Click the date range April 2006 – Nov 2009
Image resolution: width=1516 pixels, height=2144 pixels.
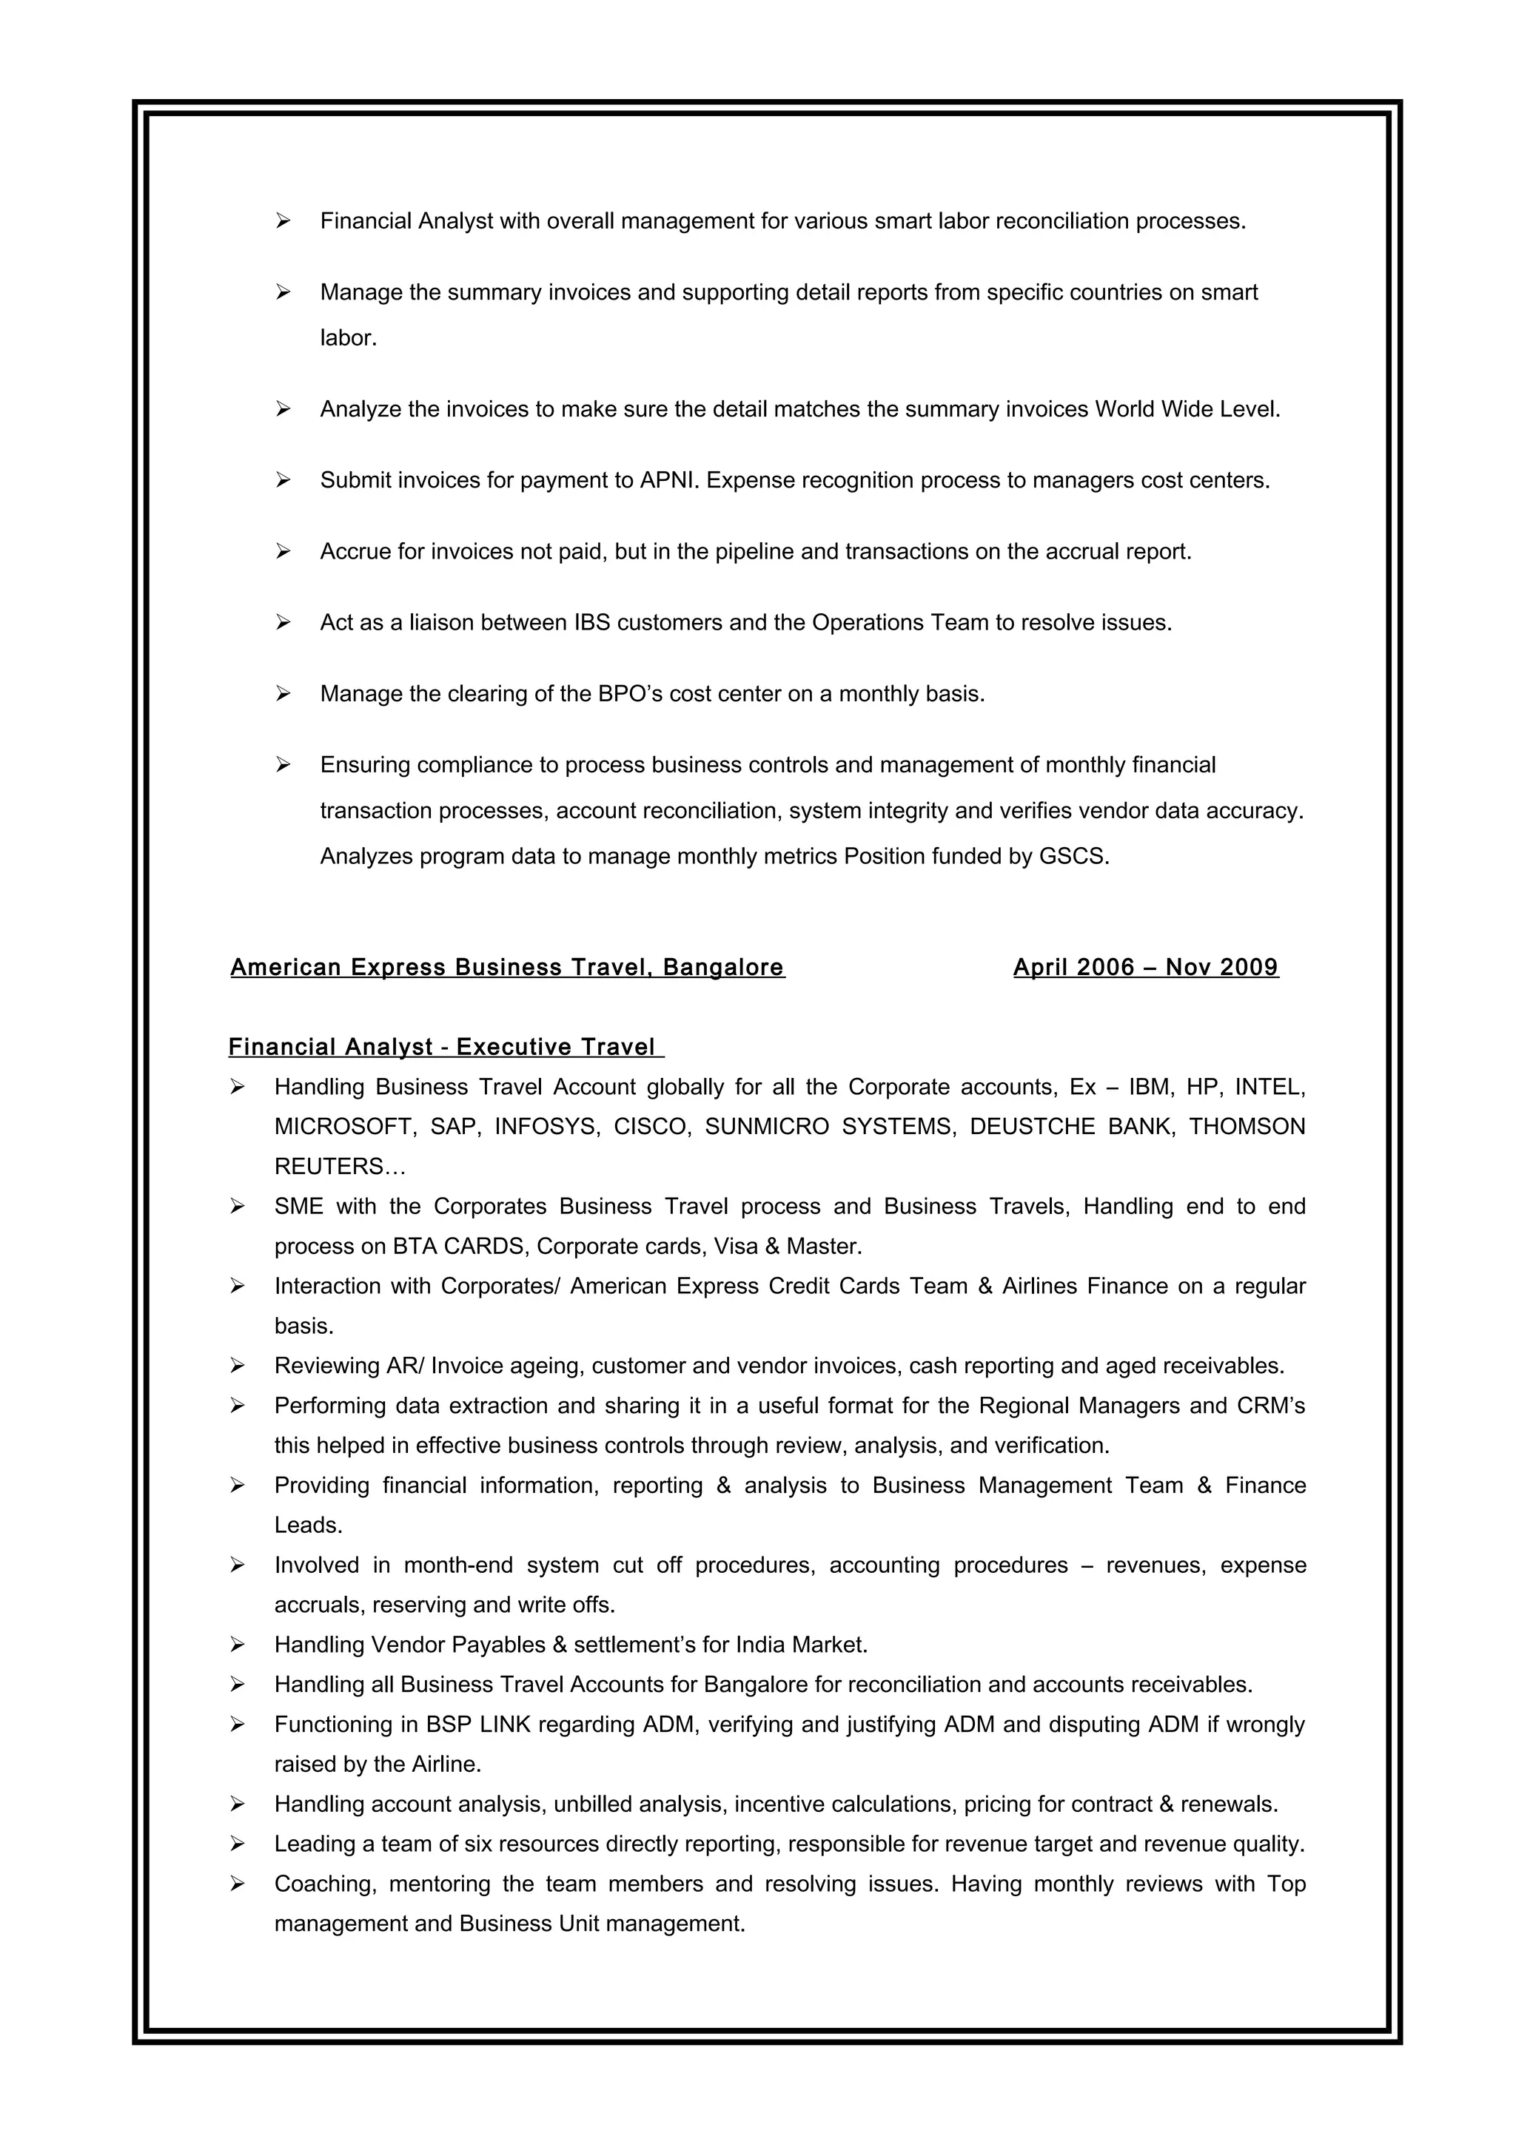pos(1145,968)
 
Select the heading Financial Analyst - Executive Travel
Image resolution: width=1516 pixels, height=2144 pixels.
pos(445,1047)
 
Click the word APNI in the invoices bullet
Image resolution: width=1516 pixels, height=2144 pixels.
pos(668,480)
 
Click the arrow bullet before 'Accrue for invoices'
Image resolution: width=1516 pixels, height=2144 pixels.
pos(283,552)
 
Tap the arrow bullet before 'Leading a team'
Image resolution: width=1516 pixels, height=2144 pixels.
pos(238,1844)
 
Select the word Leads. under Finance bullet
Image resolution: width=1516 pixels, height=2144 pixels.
pos(308,1526)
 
